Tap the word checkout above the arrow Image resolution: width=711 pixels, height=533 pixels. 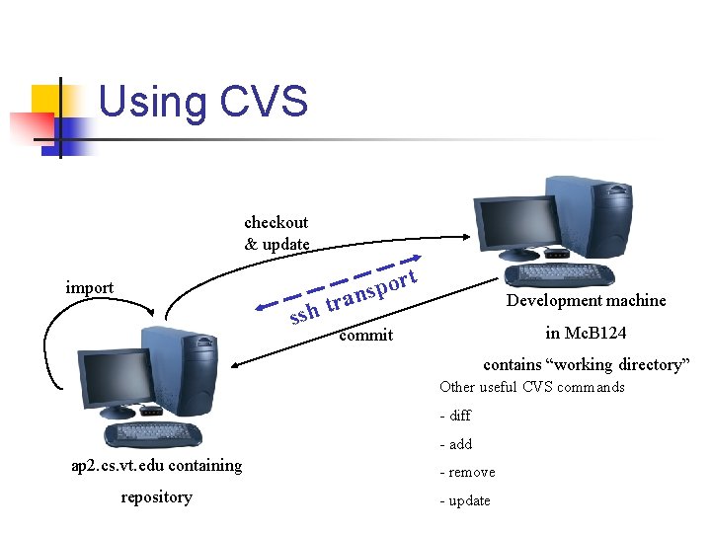click(276, 222)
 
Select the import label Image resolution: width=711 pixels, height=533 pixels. click(89, 287)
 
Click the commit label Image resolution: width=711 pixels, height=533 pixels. click(365, 335)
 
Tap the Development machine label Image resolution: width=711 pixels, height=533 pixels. click(586, 300)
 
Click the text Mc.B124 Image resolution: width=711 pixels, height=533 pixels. click(594, 333)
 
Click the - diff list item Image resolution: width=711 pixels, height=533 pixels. click(455, 416)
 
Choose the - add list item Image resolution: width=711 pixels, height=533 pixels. click(456, 444)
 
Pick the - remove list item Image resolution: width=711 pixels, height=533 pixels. click(467, 472)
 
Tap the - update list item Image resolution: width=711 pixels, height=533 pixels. click(465, 500)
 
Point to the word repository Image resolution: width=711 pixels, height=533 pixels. click(156, 496)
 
